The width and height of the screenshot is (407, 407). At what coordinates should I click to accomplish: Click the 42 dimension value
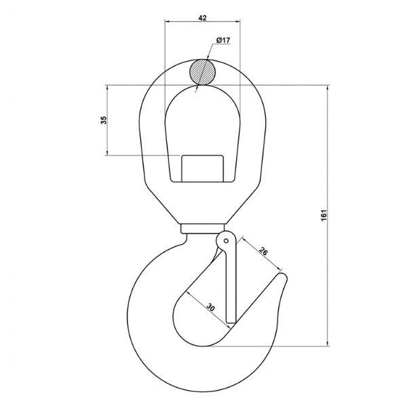[202, 18]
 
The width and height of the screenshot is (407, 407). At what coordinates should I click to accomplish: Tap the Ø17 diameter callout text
[223, 40]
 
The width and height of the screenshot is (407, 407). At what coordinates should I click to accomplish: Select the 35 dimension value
[104, 120]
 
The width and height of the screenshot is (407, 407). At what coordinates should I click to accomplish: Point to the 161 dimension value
[324, 215]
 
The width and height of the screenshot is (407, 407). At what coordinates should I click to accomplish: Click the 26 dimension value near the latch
[263, 252]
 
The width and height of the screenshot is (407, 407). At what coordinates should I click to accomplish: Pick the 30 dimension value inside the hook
[211, 307]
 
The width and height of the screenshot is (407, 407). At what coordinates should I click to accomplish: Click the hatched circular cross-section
[202, 72]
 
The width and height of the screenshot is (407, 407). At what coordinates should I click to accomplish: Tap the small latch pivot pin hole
[226, 241]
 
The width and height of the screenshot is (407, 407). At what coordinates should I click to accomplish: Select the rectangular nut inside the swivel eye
[202, 168]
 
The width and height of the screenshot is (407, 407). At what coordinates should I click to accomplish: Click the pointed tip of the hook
[284, 275]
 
